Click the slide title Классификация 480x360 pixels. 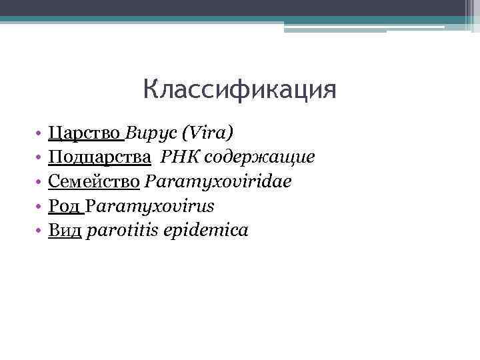[x=239, y=89]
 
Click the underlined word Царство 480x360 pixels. [x=86, y=132]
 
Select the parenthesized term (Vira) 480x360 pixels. [x=207, y=132]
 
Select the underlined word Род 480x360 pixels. [x=65, y=206]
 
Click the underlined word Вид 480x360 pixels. [x=65, y=231]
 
